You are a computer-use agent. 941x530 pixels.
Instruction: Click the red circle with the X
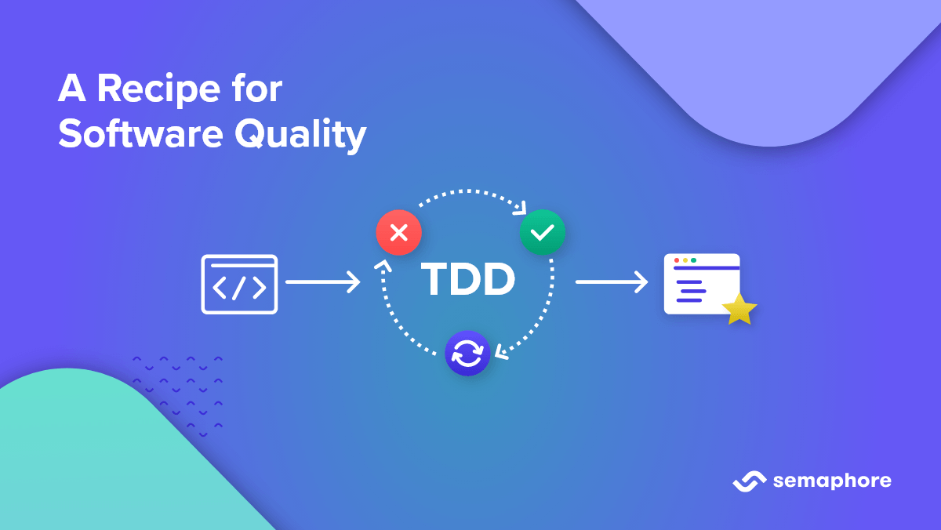tap(398, 233)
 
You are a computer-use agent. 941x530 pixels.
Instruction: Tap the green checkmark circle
tap(543, 232)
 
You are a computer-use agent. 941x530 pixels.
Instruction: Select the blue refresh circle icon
tap(467, 354)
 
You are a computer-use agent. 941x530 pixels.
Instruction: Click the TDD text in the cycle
tap(468, 279)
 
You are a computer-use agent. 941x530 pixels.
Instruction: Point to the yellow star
tap(739, 310)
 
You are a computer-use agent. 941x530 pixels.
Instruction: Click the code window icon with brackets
tap(239, 284)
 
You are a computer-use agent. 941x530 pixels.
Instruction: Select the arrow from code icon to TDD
tap(322, 281)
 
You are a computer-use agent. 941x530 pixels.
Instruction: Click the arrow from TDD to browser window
tap(612, 281)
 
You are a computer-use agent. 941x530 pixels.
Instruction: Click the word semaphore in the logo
tap(832, 481)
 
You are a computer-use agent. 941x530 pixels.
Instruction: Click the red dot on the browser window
tap(677, 260)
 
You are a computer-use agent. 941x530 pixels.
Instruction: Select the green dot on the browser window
tap(694, 260)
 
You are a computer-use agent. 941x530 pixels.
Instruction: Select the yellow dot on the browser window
tap(685, 260)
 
